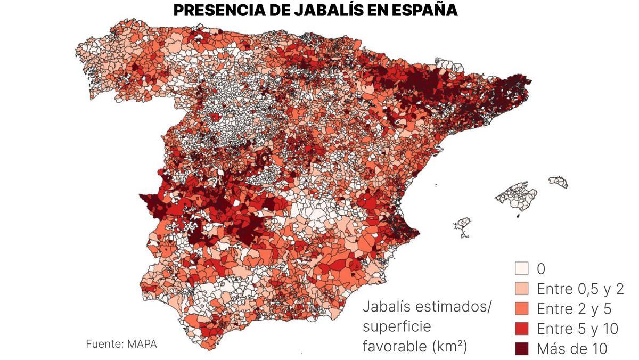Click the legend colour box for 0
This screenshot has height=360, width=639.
[x=522, y=268]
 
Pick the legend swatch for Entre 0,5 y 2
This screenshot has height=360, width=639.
[x=522, y=288]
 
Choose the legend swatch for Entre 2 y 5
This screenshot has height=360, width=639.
[x=522, y=308]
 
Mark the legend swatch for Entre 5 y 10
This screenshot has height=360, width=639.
[x=522, y=329]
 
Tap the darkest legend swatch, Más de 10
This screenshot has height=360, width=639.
[x=522, y=349]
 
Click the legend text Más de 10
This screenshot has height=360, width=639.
[x=572, y=349]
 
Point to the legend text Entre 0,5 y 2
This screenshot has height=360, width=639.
[x=580, y=288]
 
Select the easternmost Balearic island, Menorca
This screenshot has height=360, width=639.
[x=559, y=182]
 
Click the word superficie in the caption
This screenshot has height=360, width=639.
[x=397, y=326]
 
